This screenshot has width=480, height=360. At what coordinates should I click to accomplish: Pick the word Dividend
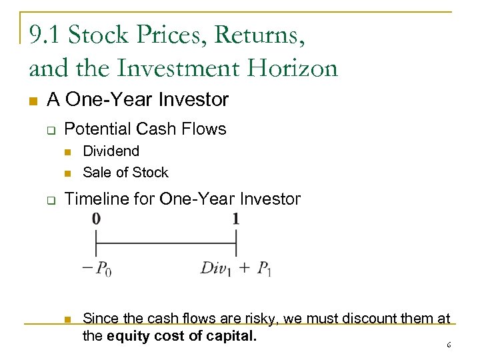pos(111,151)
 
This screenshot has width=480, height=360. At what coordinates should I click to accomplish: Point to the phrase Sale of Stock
pos(125,172)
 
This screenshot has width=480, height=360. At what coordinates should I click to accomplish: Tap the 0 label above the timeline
pos(97,219)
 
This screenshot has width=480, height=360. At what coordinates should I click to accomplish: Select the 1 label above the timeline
pos(236,219)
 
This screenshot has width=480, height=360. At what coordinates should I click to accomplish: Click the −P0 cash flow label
pos(96,269)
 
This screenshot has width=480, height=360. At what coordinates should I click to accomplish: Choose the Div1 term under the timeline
pos(215,269)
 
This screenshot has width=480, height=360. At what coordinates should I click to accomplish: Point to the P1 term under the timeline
pos(264,269)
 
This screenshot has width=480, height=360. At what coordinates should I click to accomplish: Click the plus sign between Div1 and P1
pos(244,269)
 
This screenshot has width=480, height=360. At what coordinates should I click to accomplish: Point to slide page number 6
pos(449,345)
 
